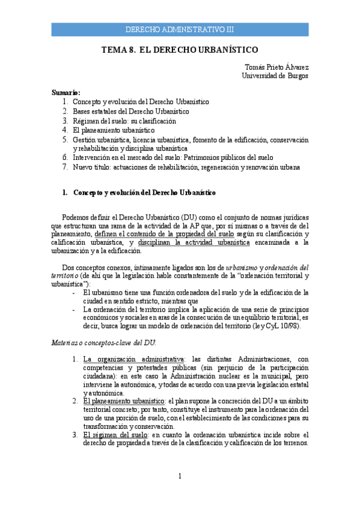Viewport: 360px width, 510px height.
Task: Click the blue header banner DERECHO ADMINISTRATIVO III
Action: [x=180, y=29]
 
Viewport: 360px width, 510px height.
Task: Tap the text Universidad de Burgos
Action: [x=275, y=76]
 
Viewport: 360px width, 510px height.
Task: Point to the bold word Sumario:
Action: [x=66, y=93]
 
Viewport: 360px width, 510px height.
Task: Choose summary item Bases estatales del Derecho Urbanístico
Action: [x=131, y=111]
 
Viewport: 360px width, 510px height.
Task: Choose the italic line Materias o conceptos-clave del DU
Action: [x=103, y=342]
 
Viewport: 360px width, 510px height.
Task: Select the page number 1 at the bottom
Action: [x=180, y=477]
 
